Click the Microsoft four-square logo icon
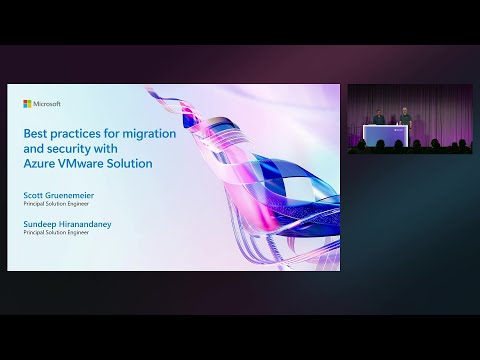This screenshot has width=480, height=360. (27, 103)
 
